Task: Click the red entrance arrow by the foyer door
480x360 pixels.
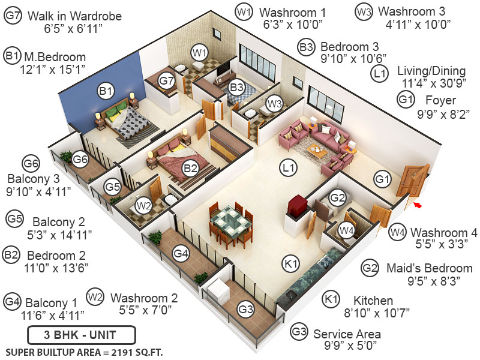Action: click(x=418, y=206)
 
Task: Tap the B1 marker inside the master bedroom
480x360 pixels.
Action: click(x=106, y=91)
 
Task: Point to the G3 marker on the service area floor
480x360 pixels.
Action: click(x=245, y=309)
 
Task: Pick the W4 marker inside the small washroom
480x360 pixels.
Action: click(x=346, y=230)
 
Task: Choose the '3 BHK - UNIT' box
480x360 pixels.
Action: click(x=82, y=335)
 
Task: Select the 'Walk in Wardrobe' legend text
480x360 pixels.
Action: click(x=74, y=16)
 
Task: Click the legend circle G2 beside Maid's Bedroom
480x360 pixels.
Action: click(x=371, y=268)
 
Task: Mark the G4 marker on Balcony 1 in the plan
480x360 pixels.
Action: click(x=181, y=254)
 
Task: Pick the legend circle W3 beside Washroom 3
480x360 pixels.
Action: click(x=364, y=11)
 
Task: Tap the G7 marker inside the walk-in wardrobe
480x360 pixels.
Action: click(x=167, y=80)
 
